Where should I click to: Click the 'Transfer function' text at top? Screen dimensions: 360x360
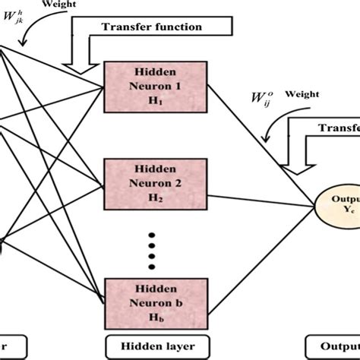(152, 27)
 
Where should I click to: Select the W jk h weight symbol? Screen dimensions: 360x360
(17, 21)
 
